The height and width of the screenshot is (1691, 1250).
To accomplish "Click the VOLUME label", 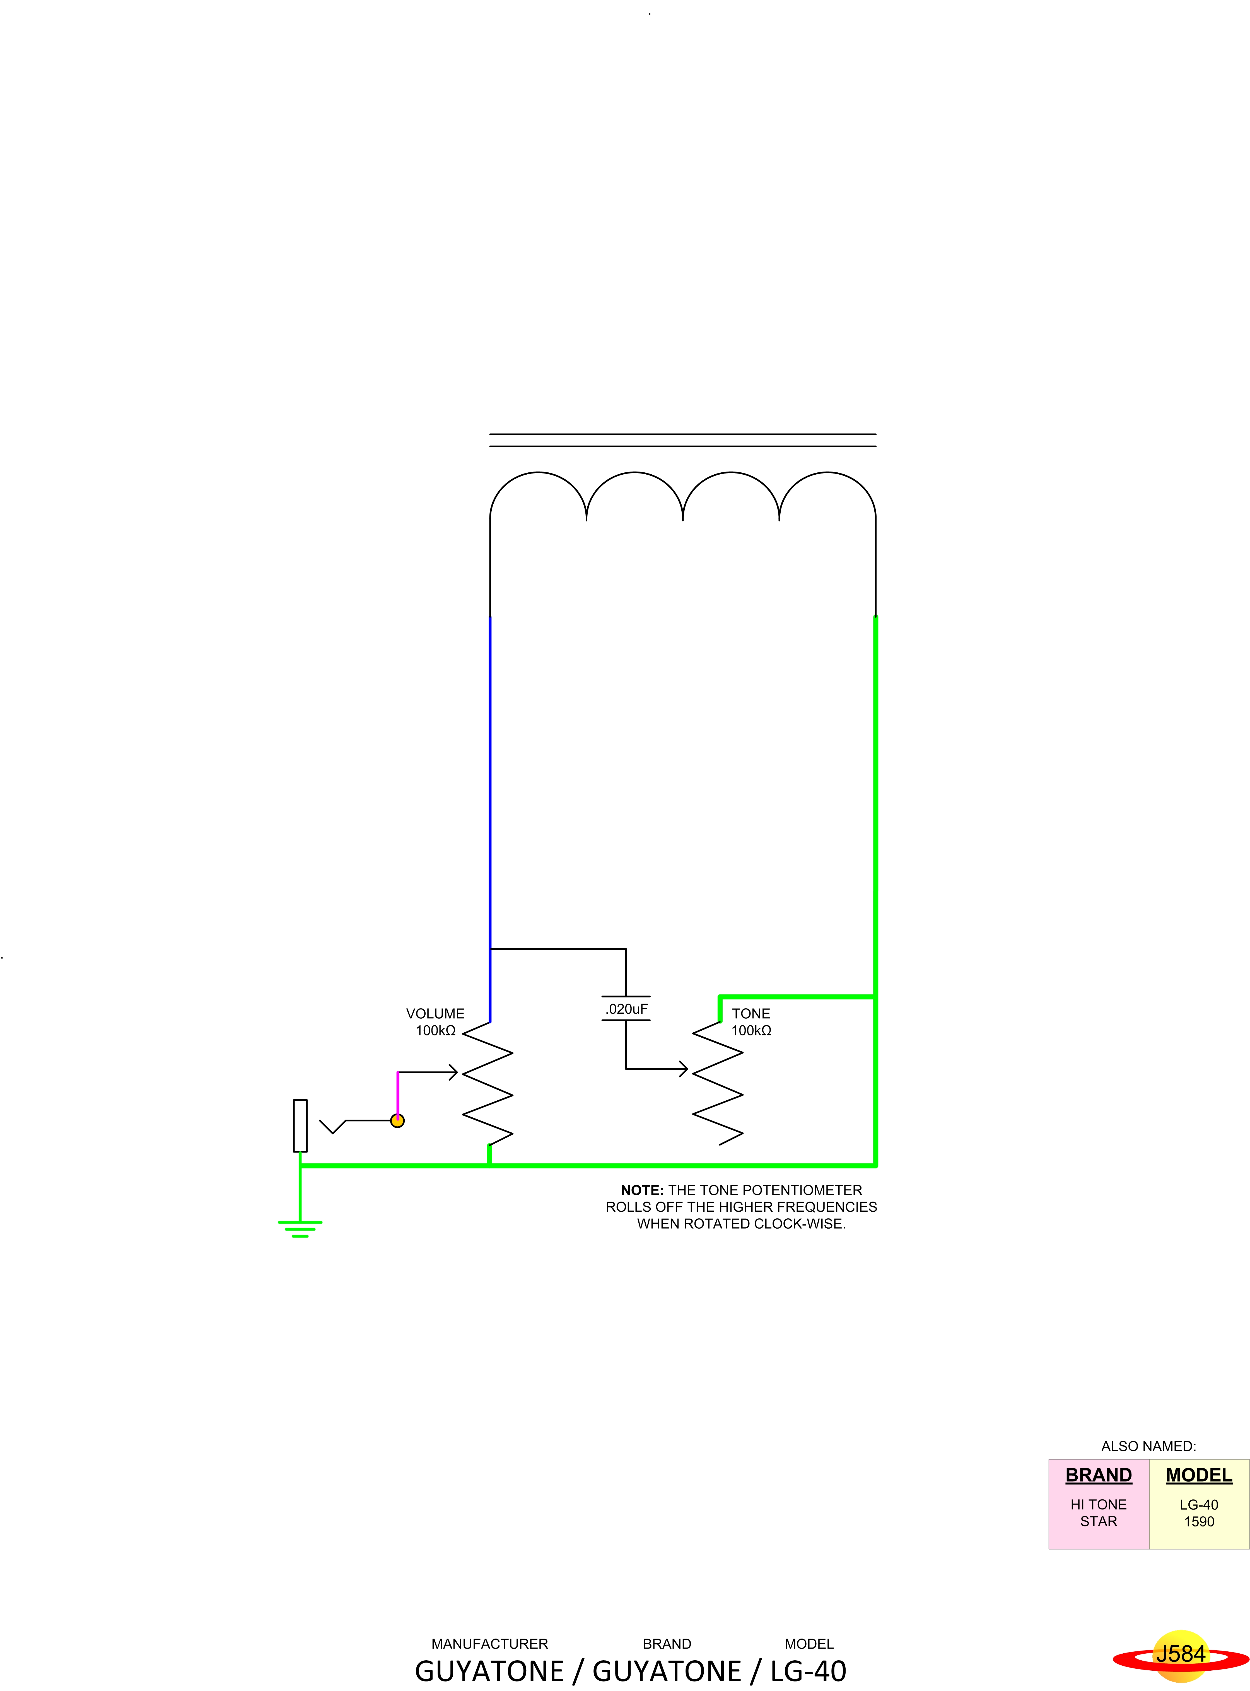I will pyautogui.click(x=435, y=1013).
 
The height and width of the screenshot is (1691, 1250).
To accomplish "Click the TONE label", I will pyautogui.click(x=751, y=1013).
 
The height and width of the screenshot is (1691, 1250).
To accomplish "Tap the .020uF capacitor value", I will pyautogui.click(x=626, y=1009).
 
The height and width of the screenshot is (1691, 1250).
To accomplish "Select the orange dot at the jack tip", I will pyautogui.click(x=397, y=1120).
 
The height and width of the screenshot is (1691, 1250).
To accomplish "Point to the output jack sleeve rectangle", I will pyautogui.click(x=300, y=1125).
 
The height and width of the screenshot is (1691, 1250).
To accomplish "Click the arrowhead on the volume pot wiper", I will pyautogui.click(x=453, y=1072).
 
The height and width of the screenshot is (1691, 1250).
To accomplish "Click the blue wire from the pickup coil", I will pyautogui.click(x=489, y=817).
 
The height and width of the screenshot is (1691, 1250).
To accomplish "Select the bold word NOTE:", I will pyautogui.click(x=642, y=1190).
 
